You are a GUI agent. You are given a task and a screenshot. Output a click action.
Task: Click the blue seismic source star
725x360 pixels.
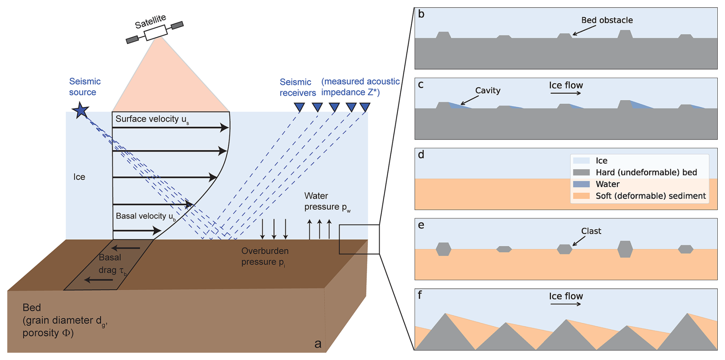[80, 110]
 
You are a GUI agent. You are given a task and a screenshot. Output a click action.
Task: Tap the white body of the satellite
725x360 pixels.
[156, 32]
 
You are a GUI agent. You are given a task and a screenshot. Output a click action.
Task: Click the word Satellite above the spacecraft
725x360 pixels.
[150, 21]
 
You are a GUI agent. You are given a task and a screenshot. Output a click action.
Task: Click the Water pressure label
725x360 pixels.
[327, 202]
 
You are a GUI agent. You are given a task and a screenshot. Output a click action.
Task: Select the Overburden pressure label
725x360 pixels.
[265, 256]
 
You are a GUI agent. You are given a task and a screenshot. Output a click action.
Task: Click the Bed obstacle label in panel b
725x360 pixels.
[607, 20]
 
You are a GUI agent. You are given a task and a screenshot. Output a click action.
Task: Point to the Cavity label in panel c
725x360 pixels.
[487, 90]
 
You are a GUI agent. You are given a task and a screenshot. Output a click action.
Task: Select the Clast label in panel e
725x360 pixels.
[591, 231]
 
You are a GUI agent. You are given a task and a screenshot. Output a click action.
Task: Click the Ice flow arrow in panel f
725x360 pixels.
[566, 304]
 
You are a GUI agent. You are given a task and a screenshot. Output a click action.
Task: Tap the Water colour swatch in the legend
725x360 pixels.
[581, 184]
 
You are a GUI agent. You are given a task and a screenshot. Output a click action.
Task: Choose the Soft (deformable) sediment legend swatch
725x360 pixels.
[581, 196]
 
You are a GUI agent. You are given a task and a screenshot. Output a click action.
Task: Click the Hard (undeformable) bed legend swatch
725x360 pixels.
[581, 173]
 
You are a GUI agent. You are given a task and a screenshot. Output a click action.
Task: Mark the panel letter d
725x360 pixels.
[421, 155]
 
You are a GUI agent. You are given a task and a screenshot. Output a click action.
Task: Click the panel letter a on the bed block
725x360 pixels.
[318, 344]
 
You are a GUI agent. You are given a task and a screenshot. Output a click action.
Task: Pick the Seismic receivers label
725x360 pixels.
[297, 87]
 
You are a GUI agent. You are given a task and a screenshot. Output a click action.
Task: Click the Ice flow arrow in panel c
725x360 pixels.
[566, 93]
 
